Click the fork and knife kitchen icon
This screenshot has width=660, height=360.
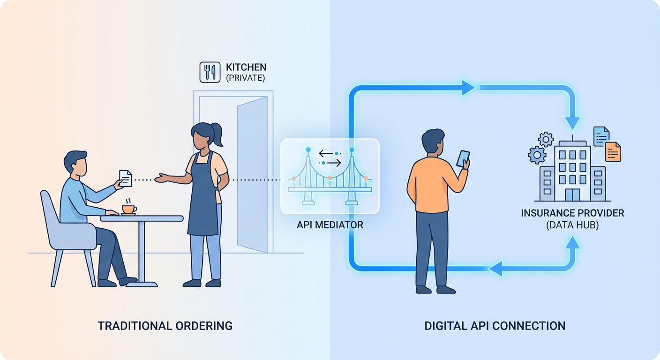point(210,72)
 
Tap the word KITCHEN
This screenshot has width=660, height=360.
point(246,67)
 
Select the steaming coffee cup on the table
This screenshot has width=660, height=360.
point(129,207)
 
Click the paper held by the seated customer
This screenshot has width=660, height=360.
point(126,178)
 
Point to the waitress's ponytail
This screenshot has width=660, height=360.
point(217,134)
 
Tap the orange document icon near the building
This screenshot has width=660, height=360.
point(613,152)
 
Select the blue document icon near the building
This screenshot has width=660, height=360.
point(601,136)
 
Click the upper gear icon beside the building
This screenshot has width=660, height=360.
point(546,139)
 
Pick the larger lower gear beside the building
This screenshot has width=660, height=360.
point(537,155)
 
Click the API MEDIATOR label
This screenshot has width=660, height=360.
point(330,225)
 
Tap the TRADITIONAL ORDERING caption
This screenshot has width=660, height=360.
point(165,326)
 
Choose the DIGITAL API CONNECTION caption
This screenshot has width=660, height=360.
point(495,326)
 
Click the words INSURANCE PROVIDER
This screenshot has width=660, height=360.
point(572,213)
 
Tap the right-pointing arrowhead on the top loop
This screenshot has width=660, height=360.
point(468,88)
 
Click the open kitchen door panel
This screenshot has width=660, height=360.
point(252,174)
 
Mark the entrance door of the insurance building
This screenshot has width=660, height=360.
point(572,195)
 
